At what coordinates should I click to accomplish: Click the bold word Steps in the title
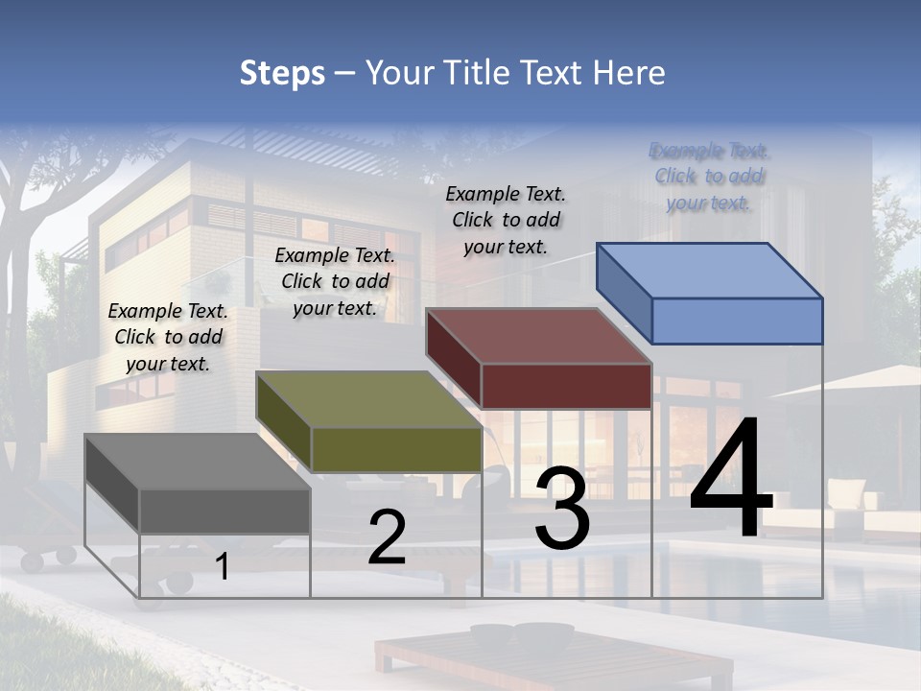(282, 73)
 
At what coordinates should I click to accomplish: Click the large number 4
(731, 480)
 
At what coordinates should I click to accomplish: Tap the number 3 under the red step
(561, 509)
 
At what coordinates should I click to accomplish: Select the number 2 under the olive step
(387, 537)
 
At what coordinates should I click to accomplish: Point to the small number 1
(222, 567)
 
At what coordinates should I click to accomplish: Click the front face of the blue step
(737, 321)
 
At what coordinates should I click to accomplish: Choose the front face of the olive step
(396, 449)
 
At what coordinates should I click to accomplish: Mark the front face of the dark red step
(566, 386)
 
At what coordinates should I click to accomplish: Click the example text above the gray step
(168, 337)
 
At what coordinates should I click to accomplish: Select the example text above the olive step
(335, 281)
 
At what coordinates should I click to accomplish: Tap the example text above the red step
(506, 220)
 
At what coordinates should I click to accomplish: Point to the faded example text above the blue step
(709, 176)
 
